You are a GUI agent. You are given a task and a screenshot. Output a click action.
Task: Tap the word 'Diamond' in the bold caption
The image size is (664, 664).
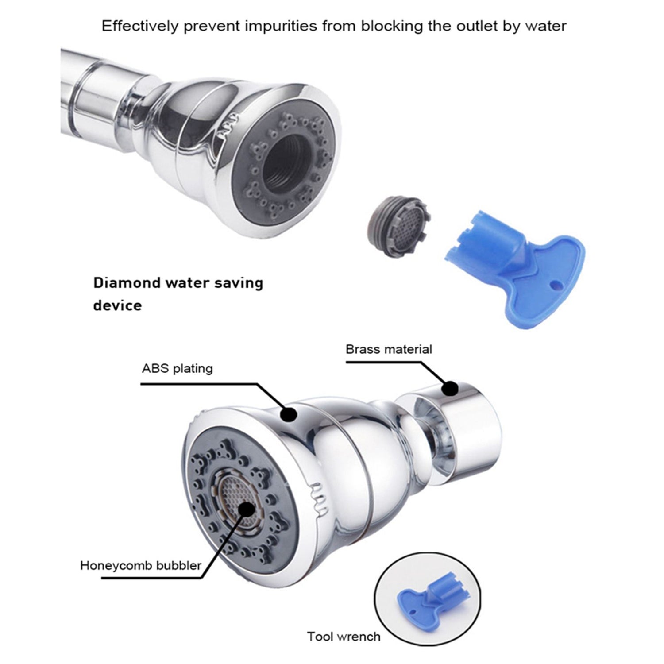pyautogui.click(x=127, y=283)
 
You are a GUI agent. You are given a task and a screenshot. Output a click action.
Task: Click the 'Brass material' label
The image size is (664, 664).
pyautogui.click(x=389, y=349)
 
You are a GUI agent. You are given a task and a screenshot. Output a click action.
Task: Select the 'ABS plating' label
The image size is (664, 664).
pyautogui.click(x=177, y=369)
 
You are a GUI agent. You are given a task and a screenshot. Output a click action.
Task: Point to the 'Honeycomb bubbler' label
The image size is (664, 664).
pyautogui.click(x=141, y=565)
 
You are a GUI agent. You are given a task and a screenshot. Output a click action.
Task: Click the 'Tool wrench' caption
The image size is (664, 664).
pyautogui.click(x=344, y=637)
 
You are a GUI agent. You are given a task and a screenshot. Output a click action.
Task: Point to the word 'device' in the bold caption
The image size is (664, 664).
pyautogui.click(x=117, y=305)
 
